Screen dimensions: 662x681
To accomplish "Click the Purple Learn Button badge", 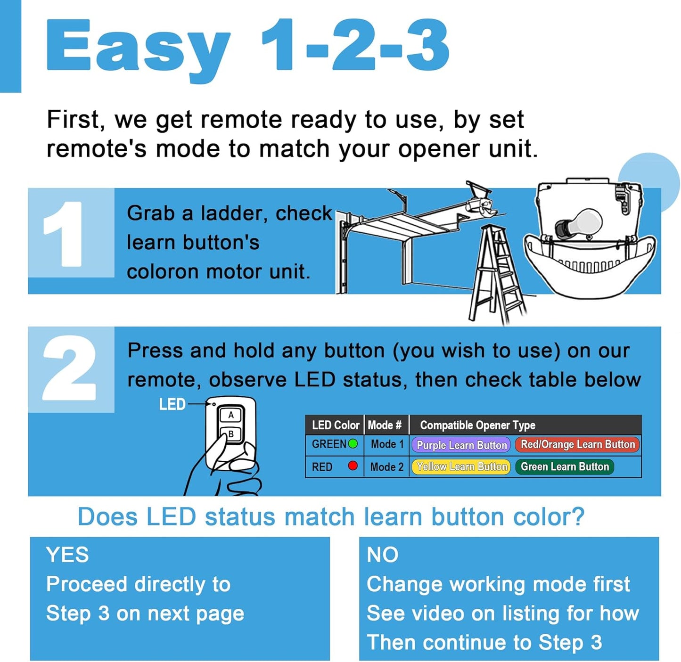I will pyautogui.click(x=461, y=445).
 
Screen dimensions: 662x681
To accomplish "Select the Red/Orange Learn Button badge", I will pyautogui.click(x=577, y=444).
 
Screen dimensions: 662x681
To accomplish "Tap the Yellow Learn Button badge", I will pyautogui.click(x=461, y=466).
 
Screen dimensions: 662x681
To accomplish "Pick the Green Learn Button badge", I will pyautogui.click(x=564, y=466).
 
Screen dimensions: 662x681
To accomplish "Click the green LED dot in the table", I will pyautogui.click(x=353, y=444).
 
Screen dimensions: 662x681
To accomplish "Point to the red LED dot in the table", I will pyautogui.click(x=353, y=466).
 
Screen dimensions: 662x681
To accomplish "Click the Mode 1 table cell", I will pyautogui.click(x=387, y=444).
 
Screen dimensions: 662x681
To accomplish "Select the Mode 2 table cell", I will pyautogui.click(x=387, y=467).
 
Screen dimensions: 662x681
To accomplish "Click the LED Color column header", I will pyautogui.click(x=335, y=425).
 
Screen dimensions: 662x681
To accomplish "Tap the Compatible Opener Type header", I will pyautogui.click(x=477, y=425).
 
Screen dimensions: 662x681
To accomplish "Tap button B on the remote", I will pyautogui.click(x=231, y=434).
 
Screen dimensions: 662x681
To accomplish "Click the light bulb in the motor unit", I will pyautogui.click(x=580, y=223).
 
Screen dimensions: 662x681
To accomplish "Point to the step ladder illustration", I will pyautogui.click(x=498, y=273).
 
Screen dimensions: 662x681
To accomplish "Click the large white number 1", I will pyautogui.click(x=65, y=234).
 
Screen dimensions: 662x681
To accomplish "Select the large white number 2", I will pyautogui.click(x=70, y=368).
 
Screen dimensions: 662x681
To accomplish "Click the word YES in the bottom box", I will pyautogui.click(x=67, y=555).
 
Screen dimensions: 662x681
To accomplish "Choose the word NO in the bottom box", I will pyautogui.click(x=382, y=555).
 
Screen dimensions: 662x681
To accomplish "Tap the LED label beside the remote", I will pyautogui.click(x=172, y=404).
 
